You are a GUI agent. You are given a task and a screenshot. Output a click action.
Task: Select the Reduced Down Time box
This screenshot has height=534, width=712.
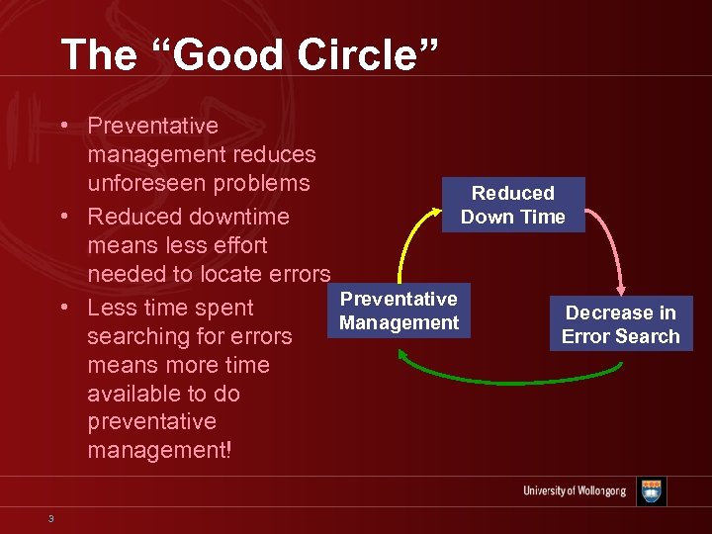(512, 205)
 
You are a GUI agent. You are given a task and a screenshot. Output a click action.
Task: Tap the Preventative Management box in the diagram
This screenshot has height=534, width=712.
(399, 311)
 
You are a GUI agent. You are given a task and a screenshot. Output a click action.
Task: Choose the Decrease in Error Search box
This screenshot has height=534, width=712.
(620, 324)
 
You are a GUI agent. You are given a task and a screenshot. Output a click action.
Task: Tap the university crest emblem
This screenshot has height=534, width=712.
(651, 491)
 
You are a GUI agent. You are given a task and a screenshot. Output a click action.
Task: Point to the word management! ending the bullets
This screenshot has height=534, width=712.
(159, 451)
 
